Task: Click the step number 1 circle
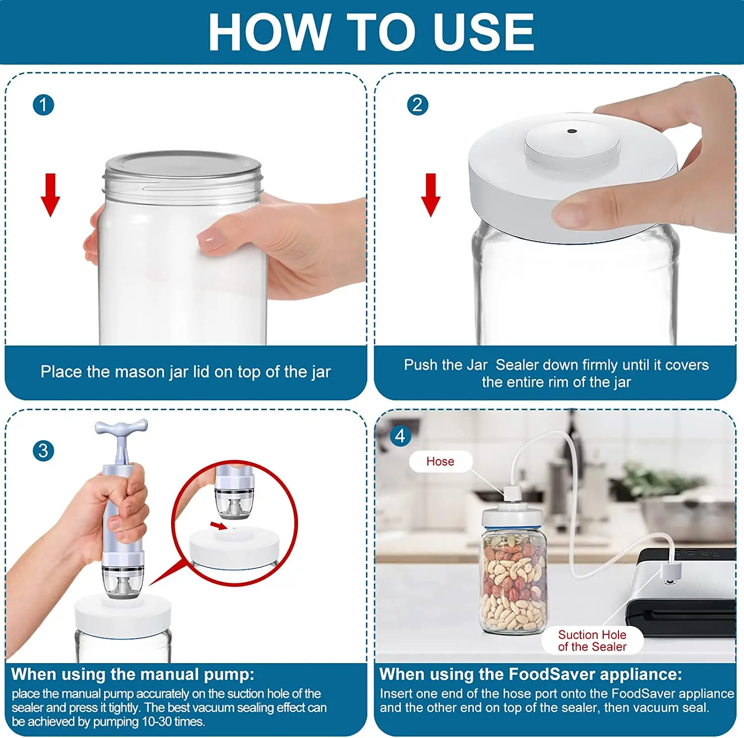point(43,105)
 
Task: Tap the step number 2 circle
point(417,105)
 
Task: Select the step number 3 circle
point(43,451)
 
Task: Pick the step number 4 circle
point(400,436)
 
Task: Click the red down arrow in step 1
point(50,195)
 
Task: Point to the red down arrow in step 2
point(431,195)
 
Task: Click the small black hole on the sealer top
point(571,131)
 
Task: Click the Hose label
point(440,461)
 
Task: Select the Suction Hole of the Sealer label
point(592,640)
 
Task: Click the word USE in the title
point(483,32)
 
